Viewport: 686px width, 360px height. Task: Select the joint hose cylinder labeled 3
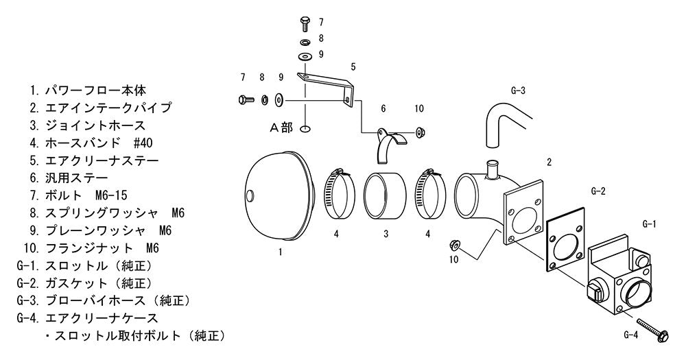pyautogui.click(x=385, y=195)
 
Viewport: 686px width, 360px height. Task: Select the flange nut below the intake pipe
pyautogui.click(x=453, y=244)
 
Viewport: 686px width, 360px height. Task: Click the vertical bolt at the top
pyautogui.click(x=305, y=23)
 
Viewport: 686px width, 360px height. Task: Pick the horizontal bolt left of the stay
pyautogui.click(x=246, y=99)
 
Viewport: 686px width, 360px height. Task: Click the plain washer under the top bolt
pyautogui.click(x=305, y=57)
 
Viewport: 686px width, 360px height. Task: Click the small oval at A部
pyautogui.click(x=306, y=129)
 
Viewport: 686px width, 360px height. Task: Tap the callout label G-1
pyautogui.click(x=649, y=224)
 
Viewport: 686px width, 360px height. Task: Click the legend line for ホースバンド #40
pyautogui.click(x=91, y=143)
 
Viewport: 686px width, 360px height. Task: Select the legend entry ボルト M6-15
pyautogui.click(x=78, y=195)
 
